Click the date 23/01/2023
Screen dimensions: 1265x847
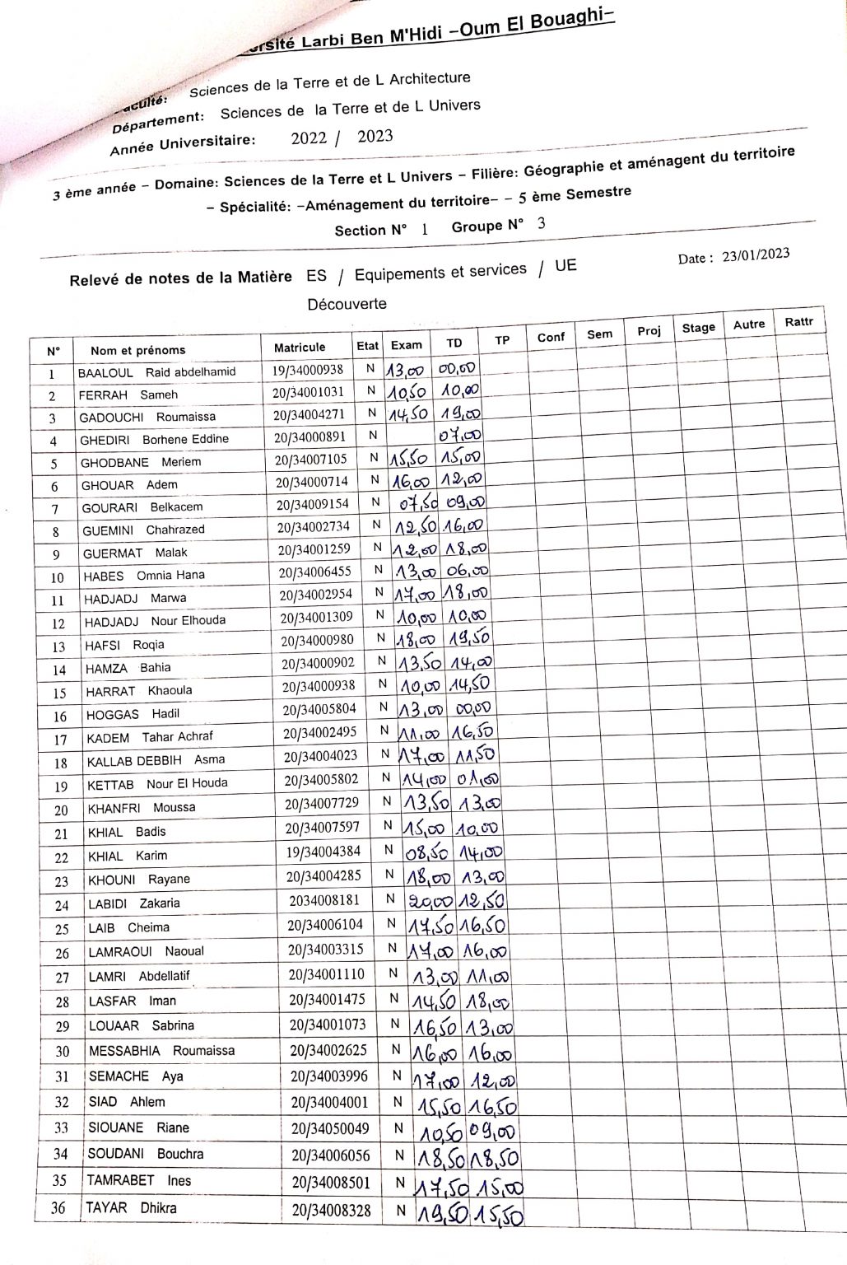pyautogui.click(x=756, y=255)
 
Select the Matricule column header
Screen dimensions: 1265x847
pyautogui.click(x=300, y=348)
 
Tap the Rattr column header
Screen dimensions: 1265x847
pyautogui.click(x=798, y=322)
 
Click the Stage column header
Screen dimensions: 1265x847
pyautogui.click(x=698, y=328)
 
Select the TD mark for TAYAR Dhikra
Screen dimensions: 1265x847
pyautogui.click(x=496, y=1212)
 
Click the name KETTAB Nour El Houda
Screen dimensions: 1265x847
pyautogui.click(x=157, y=784)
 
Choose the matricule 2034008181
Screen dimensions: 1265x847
pyautogui.click(x=324, y=900)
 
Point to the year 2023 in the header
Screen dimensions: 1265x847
pyautogui.click(x=375, y=137)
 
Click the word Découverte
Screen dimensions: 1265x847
pyautogui.click(x=347, y=304)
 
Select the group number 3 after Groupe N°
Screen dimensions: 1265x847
pyautogui.click(x=541, y=222)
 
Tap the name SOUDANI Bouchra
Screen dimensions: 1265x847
pyautogui.click(x=145, y=1154)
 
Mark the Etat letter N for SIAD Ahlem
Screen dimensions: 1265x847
pyautogui.click(x=398, y=1102)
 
